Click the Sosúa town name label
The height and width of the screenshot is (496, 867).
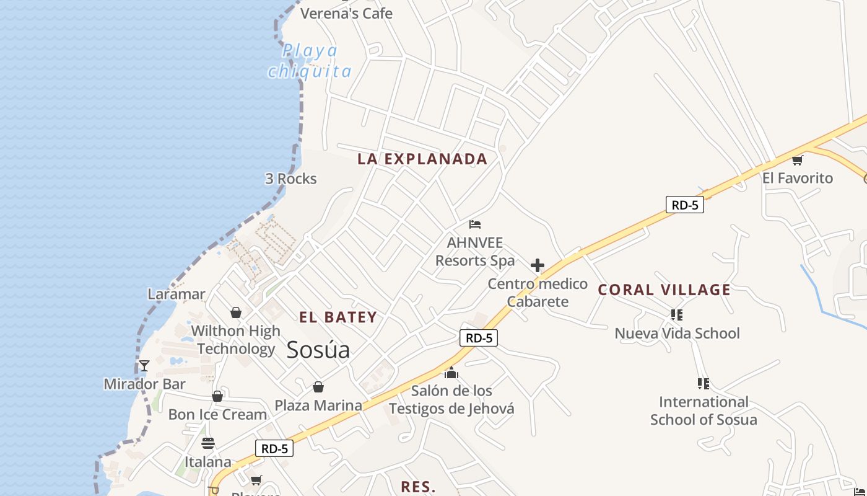[318, 350]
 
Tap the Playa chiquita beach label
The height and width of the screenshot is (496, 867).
[310, 61]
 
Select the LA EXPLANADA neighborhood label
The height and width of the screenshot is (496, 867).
[422, 159]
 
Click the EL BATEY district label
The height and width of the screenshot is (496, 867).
[338, 317]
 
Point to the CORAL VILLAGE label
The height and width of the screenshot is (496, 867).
[664, 290]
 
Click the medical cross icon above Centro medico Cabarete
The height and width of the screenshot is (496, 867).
[538, 266]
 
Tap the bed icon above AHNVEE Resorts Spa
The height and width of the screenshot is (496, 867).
[475, 224]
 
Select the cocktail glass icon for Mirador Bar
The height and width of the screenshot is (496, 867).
[144, 366]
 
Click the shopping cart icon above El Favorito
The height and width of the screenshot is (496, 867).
[798, 160]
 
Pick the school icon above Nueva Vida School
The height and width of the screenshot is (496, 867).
[677, 315]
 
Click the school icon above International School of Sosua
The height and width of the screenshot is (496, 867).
[704, 384]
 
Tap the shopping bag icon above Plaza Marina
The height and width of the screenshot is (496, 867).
[318, 387]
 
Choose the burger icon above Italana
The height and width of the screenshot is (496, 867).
[208, 443]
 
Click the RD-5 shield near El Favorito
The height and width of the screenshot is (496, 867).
[685, 205]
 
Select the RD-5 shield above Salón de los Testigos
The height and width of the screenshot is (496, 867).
[479, 338]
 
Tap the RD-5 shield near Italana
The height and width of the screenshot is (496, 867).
[274, 448]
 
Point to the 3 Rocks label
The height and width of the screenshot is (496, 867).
[291, 179]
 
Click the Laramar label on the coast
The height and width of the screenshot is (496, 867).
[176, 294]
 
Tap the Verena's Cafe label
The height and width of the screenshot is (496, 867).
[346, 13]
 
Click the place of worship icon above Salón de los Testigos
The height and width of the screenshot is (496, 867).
[451, 373]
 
